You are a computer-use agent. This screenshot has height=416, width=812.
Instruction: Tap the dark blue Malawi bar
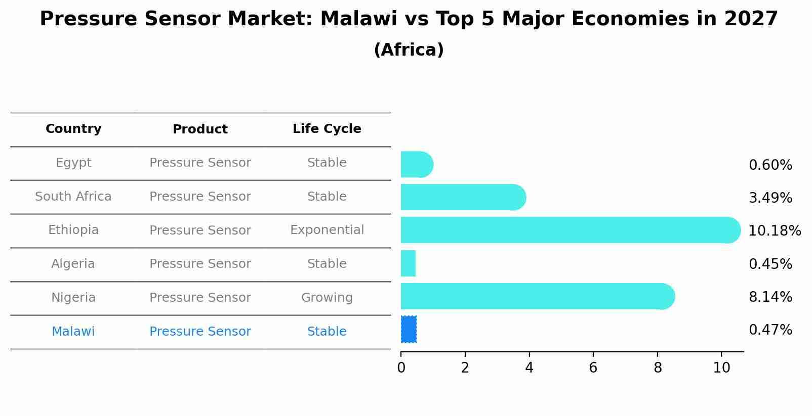click(409, 329)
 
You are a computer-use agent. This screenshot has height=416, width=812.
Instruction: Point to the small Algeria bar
click(408, 263)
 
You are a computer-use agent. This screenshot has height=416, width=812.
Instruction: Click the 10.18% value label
click(774, 231)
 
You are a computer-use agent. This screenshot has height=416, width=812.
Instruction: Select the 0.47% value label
click(770, 330)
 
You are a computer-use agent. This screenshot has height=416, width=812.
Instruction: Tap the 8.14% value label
click(770, 297)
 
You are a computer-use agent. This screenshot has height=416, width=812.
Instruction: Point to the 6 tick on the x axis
click(593, 368)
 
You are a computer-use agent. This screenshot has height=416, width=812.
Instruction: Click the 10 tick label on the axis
click(721, 368)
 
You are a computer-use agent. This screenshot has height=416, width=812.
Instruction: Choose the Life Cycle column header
click(327, 129)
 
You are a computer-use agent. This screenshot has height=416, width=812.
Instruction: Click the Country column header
click(73, 129)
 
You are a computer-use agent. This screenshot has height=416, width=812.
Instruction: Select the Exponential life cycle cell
click(327, 230)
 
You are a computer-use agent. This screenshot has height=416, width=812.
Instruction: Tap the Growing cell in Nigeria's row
click(327, 298)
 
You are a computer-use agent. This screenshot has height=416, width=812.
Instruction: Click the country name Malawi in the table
click(73, 332)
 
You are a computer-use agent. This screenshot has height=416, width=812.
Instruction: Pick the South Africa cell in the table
click(73, 197)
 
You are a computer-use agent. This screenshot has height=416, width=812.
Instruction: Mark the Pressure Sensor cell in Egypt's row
click(200, 163)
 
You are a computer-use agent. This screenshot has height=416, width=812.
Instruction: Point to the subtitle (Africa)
click(409, 50)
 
